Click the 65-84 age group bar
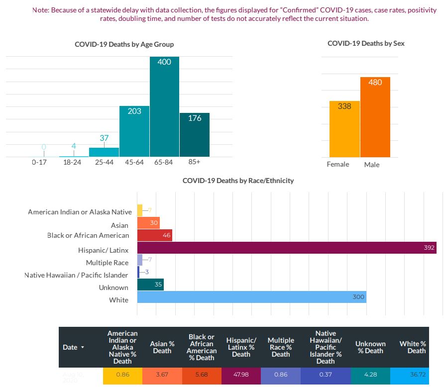coord(164,107)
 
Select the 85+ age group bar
coord(194,135)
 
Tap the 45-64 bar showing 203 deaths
coord(134,131)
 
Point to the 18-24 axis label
coord(74,163)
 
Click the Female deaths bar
coord(344,129)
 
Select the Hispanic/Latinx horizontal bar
coord(286,248)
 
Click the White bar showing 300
coord(251,297)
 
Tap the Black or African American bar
coord(154,235)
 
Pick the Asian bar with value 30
coord(148,223)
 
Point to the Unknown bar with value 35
coord(150,285)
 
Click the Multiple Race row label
coord(107,263)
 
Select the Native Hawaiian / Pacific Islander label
coord(76,275)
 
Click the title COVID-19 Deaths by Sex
coord(366,44)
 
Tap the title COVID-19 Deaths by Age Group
coord(124,45)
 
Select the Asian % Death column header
coord(162,347)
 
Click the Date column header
coord(73,347)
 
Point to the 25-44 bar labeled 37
coord(104,152)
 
